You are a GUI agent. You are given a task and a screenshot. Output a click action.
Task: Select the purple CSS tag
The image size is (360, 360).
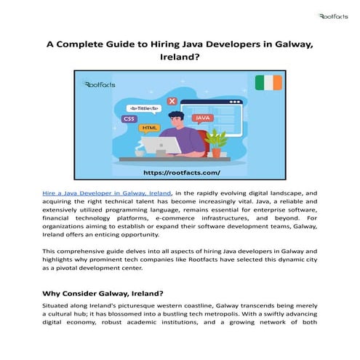pos(129,118)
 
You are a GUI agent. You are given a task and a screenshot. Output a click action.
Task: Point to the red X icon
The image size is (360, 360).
pos(172,101)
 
